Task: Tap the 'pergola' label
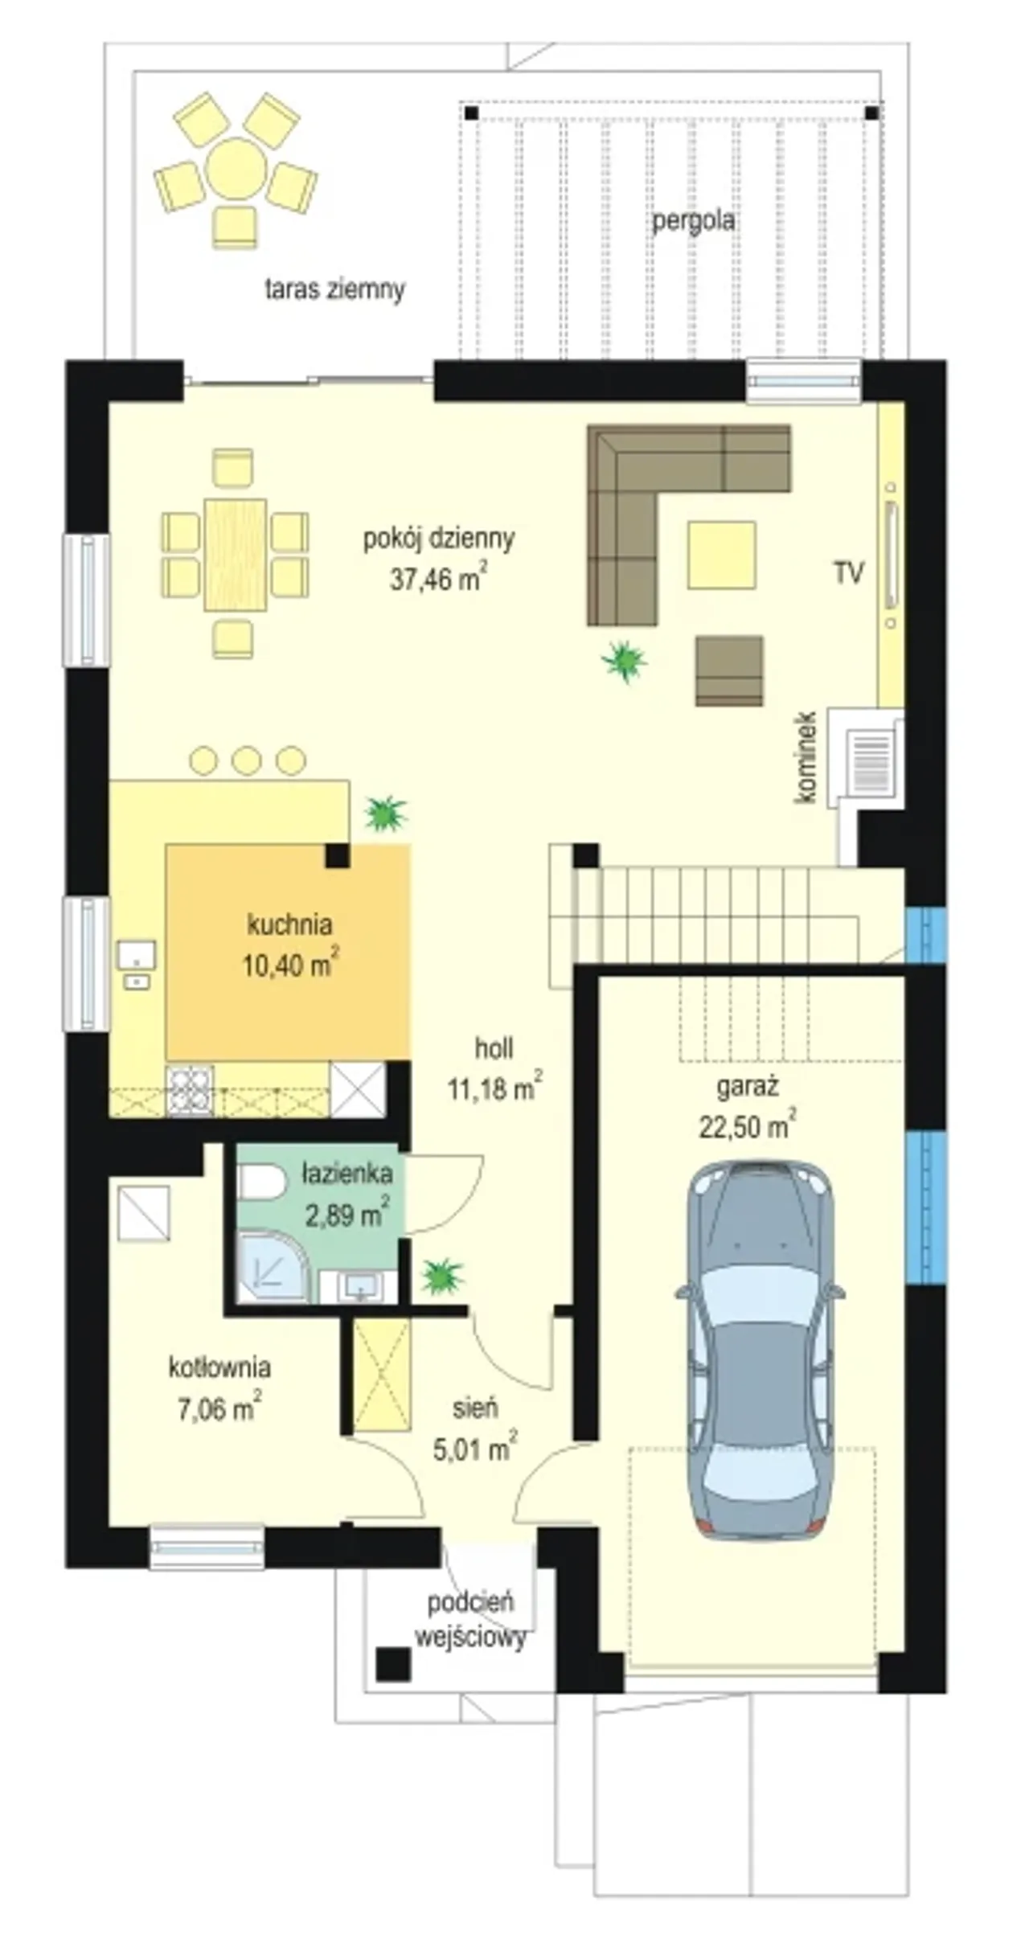[x=693, y=220]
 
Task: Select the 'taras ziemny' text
[x=334, y=289]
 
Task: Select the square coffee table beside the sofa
[x=721, y=555]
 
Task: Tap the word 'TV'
[x=849, y=573]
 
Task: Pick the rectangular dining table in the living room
[x=235, y=555]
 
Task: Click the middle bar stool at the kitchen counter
[x=247, y=760]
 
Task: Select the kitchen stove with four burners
[x=190, y=1091]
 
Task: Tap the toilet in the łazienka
[x=262, y=1183]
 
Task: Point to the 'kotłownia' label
[x=219, y=1367]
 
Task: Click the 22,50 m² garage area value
[x=747, y=1126]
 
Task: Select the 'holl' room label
[x=494, y=1048]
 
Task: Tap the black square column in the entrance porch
[x=393, y=1664]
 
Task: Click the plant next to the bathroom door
[x=442, y=1275]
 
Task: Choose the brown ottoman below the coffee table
[x=729, y=671]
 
